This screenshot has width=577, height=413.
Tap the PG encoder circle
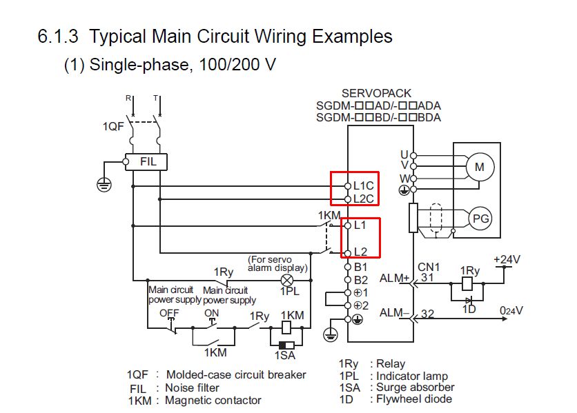tap(480, 219)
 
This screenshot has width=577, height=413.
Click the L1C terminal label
tap(364, 185)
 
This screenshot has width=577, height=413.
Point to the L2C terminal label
tap(364, 199)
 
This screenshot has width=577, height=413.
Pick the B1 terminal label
tap(360, 266)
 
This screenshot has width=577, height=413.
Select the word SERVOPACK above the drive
tap(377, 93)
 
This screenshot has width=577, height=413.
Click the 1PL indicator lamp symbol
tap(286, 280)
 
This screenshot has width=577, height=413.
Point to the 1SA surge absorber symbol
tap(286, 345)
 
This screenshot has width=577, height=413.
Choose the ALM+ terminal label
tap(395, 279)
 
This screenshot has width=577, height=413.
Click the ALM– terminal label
tap(395, 313)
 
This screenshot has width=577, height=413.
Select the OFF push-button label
tap(169, 313)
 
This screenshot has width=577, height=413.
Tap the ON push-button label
tap(211, 313)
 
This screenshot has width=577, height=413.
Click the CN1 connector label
tap(428, 267)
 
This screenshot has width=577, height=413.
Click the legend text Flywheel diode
tap(412, 399)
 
